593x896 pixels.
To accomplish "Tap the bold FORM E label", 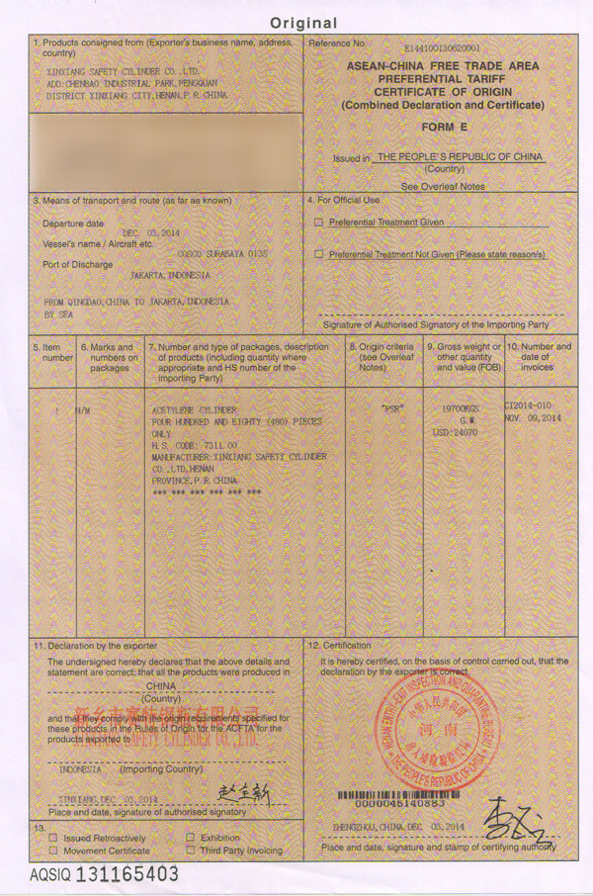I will (x=438, y=128).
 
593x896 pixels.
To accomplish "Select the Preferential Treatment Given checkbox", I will (x=319, y=223).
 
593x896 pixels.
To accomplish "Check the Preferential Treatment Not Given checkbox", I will (x=319, y=255).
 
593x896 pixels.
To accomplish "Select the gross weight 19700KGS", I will (x=463, y=406).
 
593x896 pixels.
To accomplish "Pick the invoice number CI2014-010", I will (x=531, y=405).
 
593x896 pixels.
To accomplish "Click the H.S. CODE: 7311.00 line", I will (x=195, y=446).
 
